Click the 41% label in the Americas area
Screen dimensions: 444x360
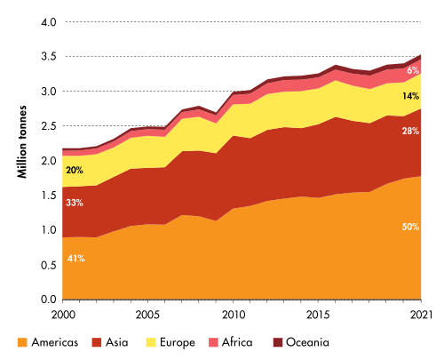coord(76,259)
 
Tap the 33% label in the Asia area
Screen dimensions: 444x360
coord(75,203)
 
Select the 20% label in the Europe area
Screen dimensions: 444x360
coord(75,171)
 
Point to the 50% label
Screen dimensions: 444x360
coord(410,227)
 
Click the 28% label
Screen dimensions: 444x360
coord(410,131)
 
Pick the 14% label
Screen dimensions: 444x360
coord(410,96)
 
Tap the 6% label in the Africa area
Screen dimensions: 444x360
coord(413,70)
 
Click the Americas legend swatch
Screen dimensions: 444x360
coord(22,342)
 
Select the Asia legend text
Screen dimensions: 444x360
coord(117,342)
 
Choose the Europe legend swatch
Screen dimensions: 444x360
coord(151,342)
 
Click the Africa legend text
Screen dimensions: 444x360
coord(237,342)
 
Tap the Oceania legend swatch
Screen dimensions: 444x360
coord(278,342)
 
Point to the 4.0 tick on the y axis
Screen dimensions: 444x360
coord(49,22)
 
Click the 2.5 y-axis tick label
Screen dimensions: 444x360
coord(49,126)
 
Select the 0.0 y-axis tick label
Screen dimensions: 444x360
coord(49,300)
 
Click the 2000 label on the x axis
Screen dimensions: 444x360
coord(63,315)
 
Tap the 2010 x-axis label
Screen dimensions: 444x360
coord(234,315)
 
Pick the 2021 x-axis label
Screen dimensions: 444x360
coord(421,315)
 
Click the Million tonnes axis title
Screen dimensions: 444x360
coord(22,142)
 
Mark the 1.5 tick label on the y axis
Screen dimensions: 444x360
coord(49,196)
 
